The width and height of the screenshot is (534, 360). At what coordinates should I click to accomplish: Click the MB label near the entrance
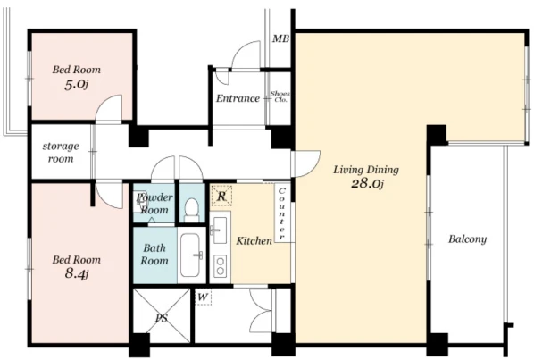(x=280, y=38)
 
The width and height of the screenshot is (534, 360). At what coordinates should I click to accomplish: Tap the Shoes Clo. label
(x=280, y=96)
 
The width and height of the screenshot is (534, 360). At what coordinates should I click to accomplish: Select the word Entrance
(x=238, y=98)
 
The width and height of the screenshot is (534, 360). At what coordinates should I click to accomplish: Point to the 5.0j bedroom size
(x=76, y=84)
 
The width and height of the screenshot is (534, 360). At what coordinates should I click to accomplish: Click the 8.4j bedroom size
(x=77, y=273)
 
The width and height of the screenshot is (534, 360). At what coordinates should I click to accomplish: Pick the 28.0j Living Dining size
(x=367, y=184)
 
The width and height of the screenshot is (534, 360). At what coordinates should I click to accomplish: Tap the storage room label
(x=61, y=152)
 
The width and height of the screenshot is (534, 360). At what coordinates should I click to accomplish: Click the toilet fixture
(x=192, y=210)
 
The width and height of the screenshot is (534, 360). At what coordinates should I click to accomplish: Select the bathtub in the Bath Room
(x=191, y=255)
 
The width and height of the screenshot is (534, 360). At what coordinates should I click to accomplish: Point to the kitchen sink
(x=220, y=230)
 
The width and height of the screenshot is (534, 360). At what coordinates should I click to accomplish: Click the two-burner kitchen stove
(x=221, y=266)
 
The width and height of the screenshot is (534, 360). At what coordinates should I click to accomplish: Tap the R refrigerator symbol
(x=221, y=196)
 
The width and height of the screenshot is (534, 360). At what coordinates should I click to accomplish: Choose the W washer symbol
(x=203, y=297)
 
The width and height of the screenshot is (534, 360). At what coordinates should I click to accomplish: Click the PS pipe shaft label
(x=162, y=318)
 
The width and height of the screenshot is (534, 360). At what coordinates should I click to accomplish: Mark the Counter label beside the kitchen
(x=281, y=213)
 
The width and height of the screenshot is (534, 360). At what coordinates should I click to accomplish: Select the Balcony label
(x=467, y=239)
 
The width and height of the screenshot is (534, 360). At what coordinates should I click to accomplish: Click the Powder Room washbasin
(x=140, y=203)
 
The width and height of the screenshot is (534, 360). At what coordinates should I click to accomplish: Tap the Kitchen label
(x=254, y=241)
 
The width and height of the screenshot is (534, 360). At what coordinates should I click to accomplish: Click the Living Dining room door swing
(x=305, y=163)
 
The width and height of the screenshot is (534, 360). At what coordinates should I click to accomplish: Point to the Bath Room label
(x=154, y=254)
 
